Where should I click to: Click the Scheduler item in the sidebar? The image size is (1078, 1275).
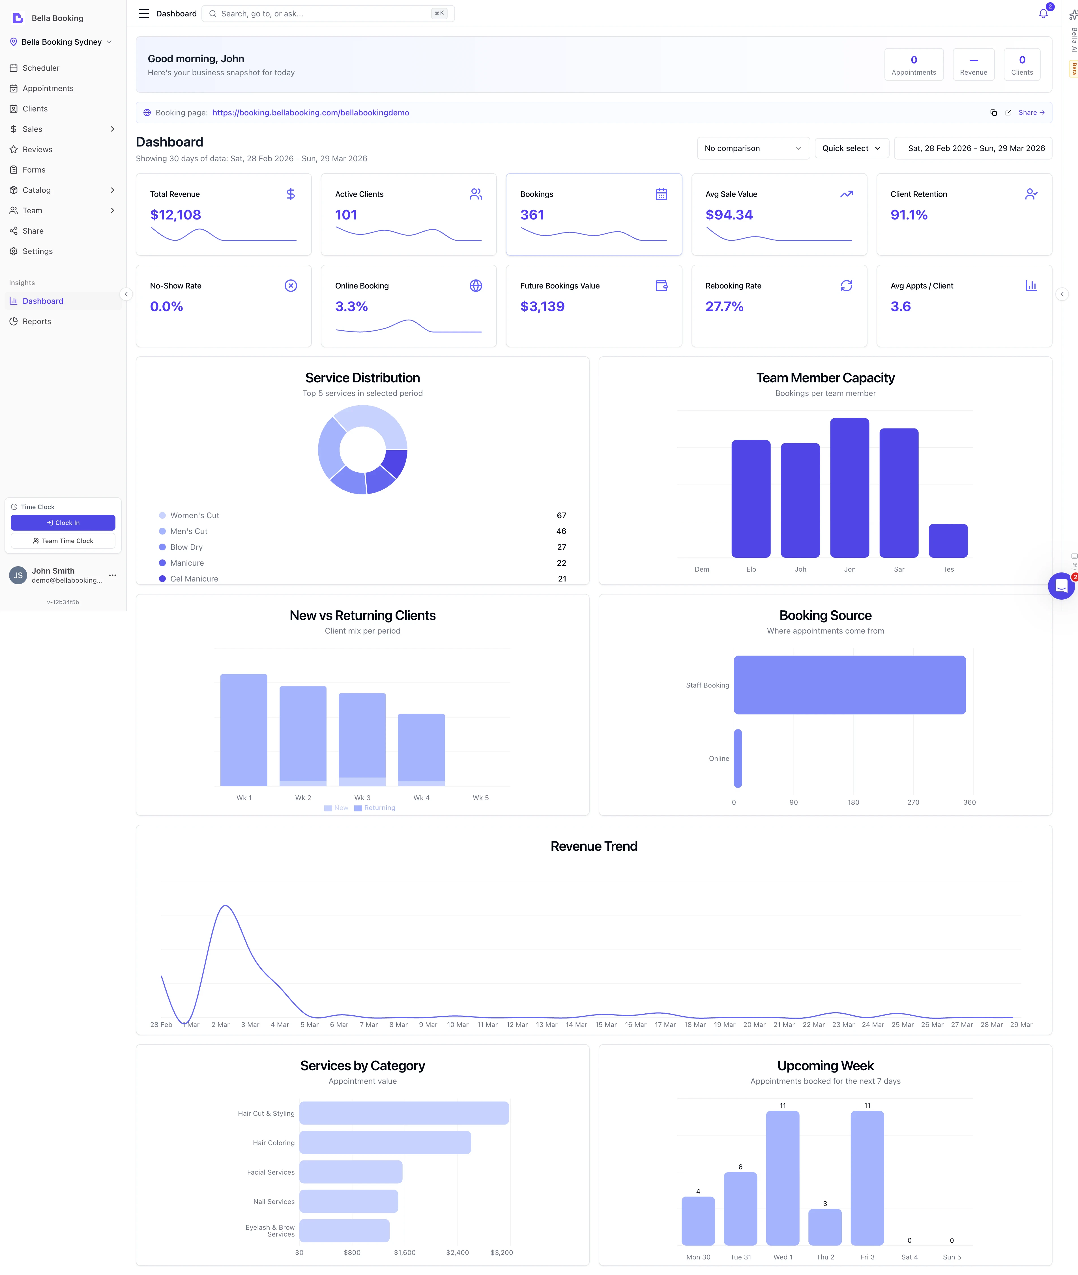coord(41,68)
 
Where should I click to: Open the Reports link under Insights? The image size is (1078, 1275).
coord(37,321)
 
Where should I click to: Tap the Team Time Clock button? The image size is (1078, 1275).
coord(63,541)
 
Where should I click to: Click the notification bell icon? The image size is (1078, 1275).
coord(1043,14)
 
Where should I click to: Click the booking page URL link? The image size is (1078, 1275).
coord(310,112)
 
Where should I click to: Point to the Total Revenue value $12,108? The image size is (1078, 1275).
coord(175,215)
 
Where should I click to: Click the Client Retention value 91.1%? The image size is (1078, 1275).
coord(909,215)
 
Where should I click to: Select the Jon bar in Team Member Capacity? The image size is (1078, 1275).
coord(849,488)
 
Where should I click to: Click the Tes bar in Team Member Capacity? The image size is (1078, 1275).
coord(948,541)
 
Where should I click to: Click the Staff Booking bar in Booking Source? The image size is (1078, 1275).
coord(849,685)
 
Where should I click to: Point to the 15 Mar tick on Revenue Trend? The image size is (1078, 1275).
coord(605,1024)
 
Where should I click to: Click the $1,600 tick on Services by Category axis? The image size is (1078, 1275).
coord(405,1252)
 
